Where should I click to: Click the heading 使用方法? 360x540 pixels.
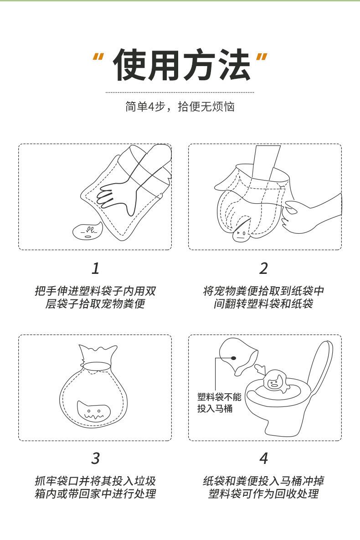click(x=181, y=65)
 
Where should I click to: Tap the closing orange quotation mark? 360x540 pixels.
click(x=262, y=58)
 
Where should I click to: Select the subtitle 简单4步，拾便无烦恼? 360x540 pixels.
click(x=180, y=107)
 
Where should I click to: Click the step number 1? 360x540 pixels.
click(x=95, y=268)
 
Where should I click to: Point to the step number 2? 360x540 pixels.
click(x=263, y=268)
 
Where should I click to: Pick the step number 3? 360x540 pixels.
click(x=95, y=458)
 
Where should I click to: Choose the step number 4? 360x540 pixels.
click(x=263, y=458)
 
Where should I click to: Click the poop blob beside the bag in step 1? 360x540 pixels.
click(x=87, y=231)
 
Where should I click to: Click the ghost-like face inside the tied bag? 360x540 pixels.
click(x=93, y=412)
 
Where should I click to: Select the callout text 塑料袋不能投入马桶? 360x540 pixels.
click(x=219, y=402)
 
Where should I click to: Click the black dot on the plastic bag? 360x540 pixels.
click(x=234, y=358)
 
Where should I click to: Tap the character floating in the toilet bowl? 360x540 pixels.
click(x=276, y=381)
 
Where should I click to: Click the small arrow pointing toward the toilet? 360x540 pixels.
click(x=261, y=369)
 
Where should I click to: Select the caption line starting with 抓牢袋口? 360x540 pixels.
click(x=95, y=481)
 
